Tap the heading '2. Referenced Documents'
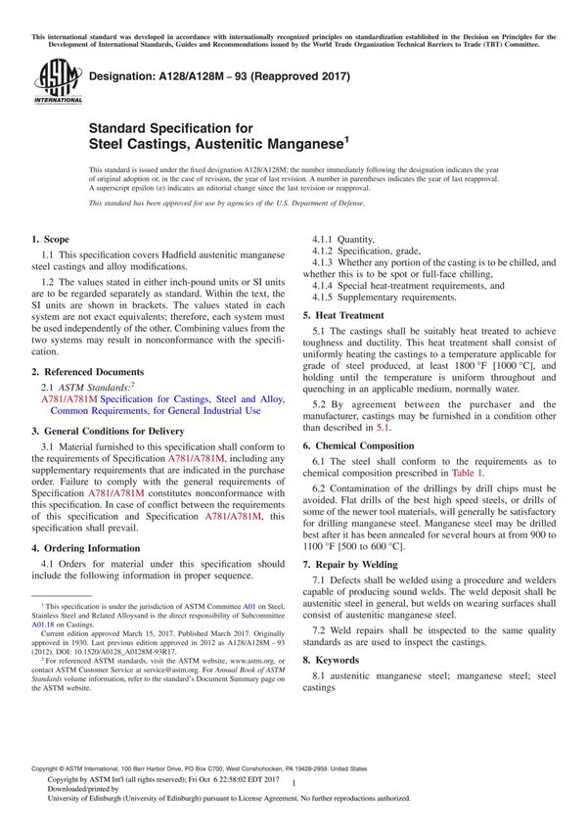(85, 372)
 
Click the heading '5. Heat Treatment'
(342, 315)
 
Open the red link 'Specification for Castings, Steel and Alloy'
(155, 399)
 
